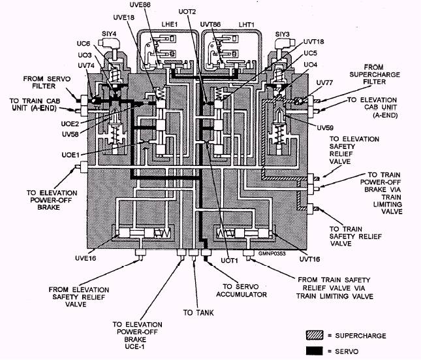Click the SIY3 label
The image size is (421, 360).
click(x=283, y=33)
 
